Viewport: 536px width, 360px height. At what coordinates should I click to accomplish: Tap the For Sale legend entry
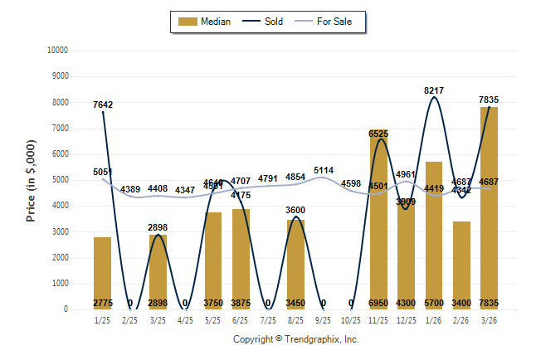[x=330, y=22]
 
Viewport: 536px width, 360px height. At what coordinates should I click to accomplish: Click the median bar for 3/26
[x=489, y=207]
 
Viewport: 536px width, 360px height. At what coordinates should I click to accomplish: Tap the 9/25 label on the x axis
[x=324, y=319]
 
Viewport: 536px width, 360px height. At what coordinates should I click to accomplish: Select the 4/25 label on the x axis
[x=185, y=319]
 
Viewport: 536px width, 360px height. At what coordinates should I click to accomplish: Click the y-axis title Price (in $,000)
[x=31, y=180]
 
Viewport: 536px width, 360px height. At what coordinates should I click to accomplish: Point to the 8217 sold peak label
[x=434, y=89]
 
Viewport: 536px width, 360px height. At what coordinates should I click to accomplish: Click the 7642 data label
[x=102, y=105]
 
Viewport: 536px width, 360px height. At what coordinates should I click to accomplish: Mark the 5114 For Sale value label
[x=324, y=171]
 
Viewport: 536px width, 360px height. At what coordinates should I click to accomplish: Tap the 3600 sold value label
[x=295, y=211]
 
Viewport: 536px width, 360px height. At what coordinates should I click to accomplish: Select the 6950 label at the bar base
[x=378, y=304]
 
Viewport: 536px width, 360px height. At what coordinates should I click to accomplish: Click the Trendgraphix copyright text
[x=295, y=339]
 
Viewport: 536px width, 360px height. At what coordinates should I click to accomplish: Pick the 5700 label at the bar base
[x=434, y=304]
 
